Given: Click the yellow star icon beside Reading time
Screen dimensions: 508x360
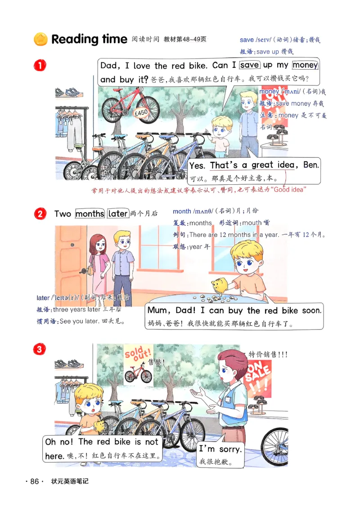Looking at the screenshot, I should tap(41, 40).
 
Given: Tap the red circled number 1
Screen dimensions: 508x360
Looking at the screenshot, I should tap(40, 66).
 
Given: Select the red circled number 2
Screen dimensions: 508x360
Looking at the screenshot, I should tap(40, 214).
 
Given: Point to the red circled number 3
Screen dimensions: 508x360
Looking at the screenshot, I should tap(40, 349).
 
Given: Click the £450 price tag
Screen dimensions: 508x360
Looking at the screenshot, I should tap(141, 114).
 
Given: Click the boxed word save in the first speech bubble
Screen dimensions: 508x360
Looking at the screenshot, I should tap(249, 65).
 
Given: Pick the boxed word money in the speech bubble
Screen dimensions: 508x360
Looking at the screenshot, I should tap(305, 65).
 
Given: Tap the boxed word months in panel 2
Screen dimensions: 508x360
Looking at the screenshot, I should tap(90, 214).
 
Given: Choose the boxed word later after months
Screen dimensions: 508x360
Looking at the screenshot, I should tap(118, 214).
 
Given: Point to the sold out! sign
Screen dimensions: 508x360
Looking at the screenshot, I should tap(139, 353).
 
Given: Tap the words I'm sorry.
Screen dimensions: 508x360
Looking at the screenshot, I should tap(220, 449).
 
